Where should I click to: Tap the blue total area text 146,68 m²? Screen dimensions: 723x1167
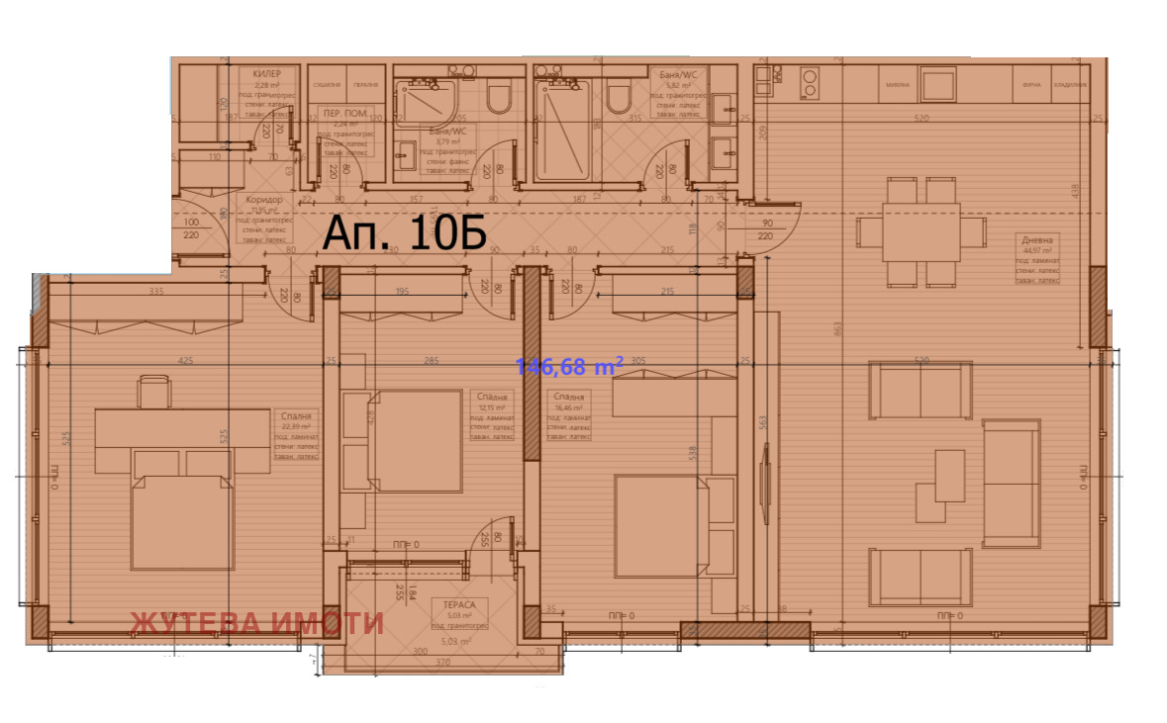[568, 367]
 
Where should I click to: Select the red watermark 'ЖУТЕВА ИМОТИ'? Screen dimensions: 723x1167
[256, 622]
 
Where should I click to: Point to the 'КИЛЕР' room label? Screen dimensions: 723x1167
[267, 74]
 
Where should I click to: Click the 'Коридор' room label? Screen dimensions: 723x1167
[264, 200]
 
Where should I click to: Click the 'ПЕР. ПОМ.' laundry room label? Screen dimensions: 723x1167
[342, 114]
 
